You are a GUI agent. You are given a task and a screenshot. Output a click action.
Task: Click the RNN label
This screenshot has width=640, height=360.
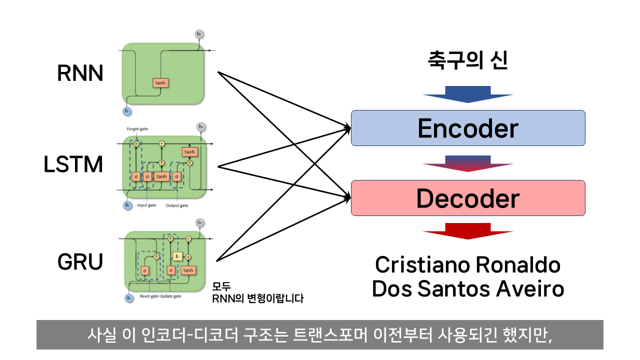pos(80,74)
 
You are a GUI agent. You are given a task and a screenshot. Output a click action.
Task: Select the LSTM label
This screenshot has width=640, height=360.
pos(73,165)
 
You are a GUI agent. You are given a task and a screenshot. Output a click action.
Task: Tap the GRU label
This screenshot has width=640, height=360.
pos(80,261)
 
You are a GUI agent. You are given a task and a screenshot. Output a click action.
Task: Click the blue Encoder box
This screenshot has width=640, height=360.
pos(468,128)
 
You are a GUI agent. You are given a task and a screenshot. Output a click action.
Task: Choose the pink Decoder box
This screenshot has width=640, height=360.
pos(468,198)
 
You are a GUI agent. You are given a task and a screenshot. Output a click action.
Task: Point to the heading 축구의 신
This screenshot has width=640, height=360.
pos(468,61)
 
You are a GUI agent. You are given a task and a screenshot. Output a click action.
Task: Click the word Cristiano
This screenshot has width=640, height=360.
pos(421,265)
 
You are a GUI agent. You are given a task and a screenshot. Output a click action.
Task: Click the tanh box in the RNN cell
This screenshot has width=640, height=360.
pos(160,83)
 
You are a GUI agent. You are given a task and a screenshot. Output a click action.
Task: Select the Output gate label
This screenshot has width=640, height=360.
pos(177,205)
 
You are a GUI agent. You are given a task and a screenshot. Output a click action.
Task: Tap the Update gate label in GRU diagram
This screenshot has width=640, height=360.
pos(170,296)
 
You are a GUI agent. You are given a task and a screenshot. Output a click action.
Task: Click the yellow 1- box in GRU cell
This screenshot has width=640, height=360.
pos(176,256)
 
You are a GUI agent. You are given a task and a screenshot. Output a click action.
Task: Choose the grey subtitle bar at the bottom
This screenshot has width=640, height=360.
pos(320,334)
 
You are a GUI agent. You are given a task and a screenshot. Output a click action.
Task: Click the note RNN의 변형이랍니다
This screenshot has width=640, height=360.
pos(258,298)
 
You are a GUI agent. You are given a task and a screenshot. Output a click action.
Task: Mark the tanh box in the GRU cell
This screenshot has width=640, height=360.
pos(188,270)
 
